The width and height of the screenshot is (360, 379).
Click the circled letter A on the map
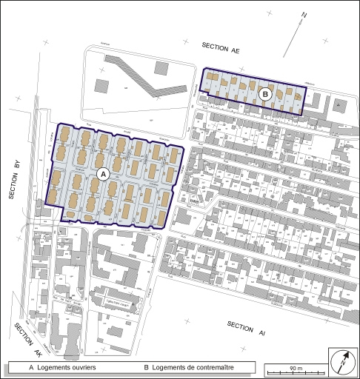pos(104,173)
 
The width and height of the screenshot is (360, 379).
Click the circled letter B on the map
pos(266,94)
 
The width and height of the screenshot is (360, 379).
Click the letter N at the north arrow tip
pos(304,13)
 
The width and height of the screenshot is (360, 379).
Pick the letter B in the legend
pos(146,367)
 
